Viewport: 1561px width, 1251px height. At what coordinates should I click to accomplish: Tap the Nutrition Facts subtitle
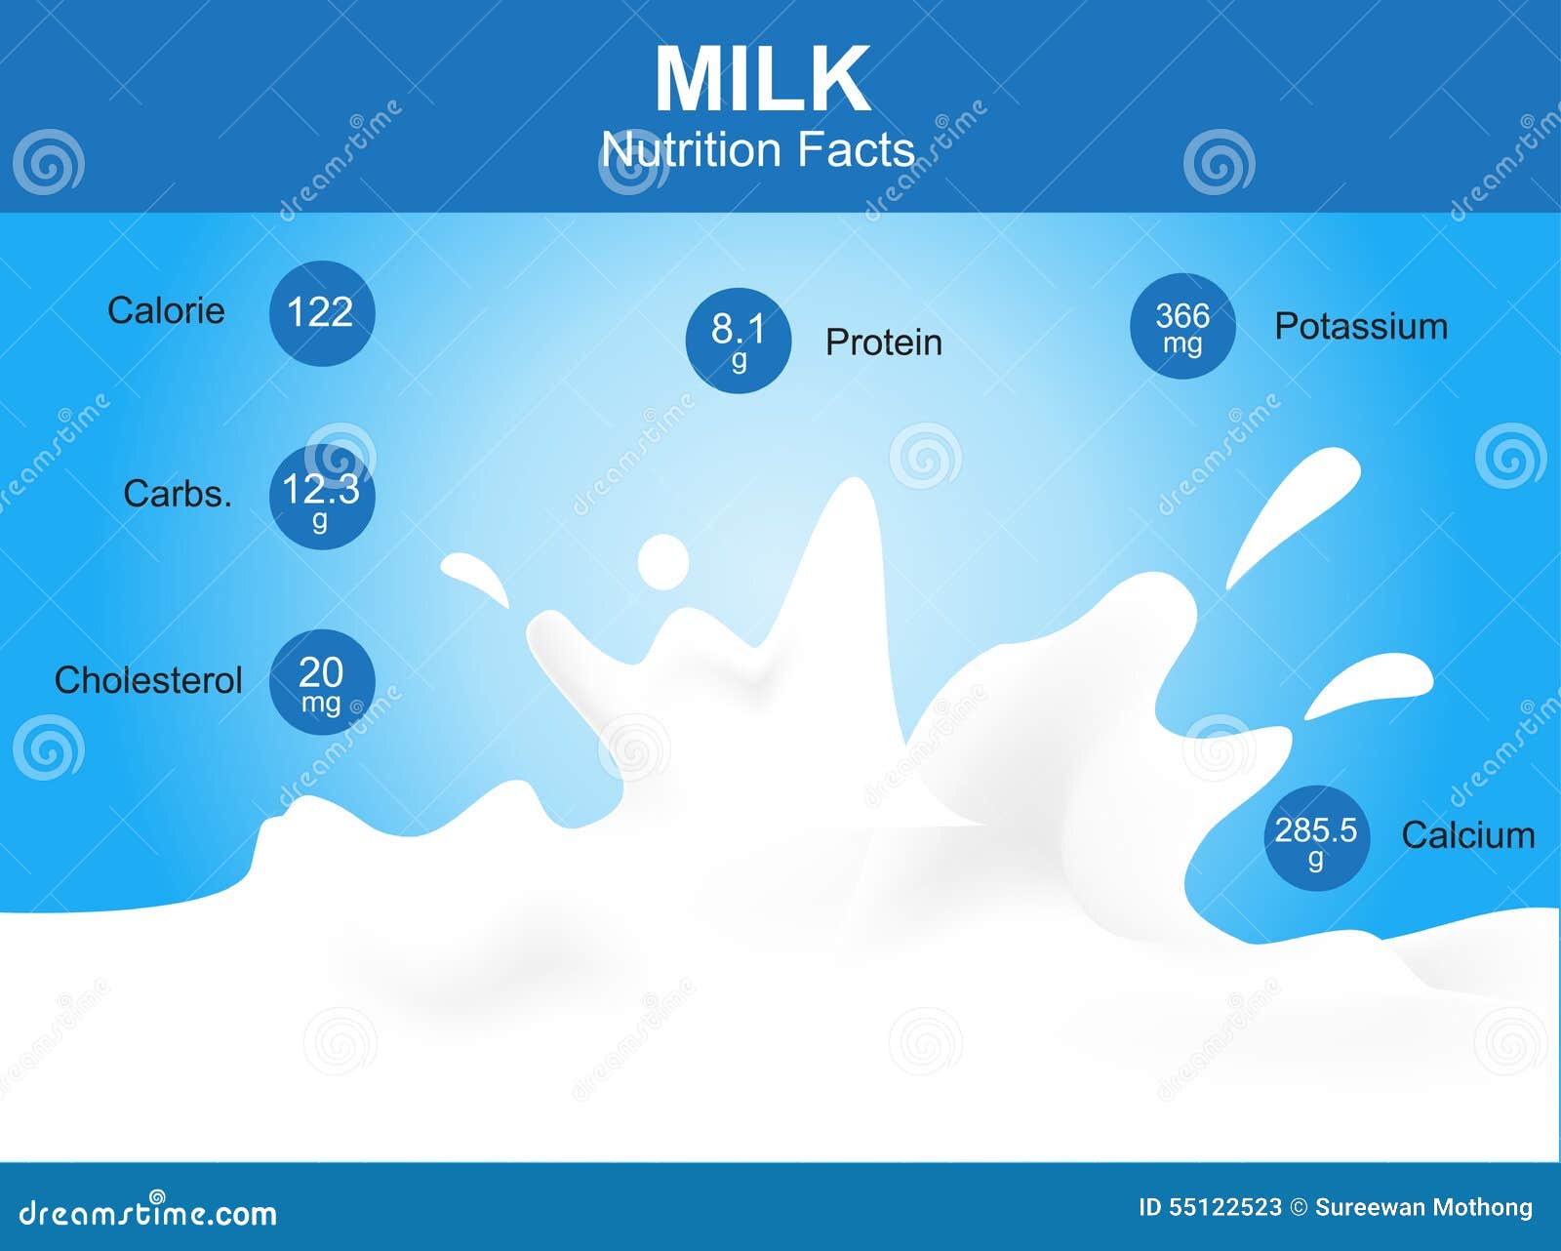click(758, 149)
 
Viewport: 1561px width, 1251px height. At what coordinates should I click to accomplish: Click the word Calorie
click(166, 310)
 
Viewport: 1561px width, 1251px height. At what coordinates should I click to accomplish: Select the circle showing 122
click(322, 312)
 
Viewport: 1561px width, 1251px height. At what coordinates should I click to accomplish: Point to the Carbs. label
click(178, 494)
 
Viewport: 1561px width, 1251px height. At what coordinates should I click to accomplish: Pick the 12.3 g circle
click(322, 497)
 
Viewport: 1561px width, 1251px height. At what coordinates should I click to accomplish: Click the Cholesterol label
click(148, 680)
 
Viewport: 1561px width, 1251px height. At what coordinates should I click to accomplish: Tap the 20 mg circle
click(322, 682)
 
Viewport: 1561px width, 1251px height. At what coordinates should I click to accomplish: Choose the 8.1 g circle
click(739, 341)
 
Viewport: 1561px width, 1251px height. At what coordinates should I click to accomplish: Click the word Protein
click(884, 342)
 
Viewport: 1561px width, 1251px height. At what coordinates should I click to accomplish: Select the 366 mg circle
click(1183, 326)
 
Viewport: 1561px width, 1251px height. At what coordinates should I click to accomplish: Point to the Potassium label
click(1362, 327)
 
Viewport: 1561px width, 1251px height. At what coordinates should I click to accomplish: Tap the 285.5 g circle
click(1317, 838)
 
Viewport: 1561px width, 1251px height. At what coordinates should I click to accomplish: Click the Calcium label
click(1468, 835)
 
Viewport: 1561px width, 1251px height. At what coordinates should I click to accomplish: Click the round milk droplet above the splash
click(663, 562)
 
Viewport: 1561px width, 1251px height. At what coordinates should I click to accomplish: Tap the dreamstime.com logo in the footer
click(148, 1212)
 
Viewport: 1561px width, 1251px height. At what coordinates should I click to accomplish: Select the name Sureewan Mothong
click(1423, 1207)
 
